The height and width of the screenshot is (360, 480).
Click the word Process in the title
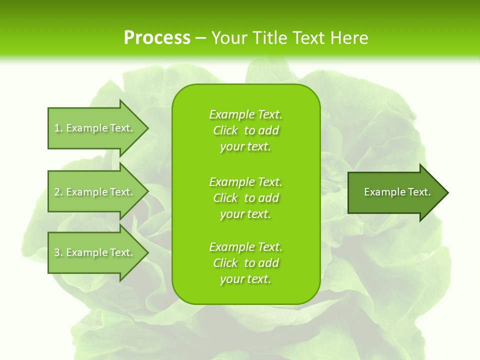click(x=157, y=38)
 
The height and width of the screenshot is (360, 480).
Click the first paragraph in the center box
click(x=245, y=130)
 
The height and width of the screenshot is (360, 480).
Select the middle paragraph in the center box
click(x=245, y=198)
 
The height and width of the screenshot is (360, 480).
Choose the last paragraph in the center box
click(x=245, y=263)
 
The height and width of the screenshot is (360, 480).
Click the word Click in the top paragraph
click(x=225, y=130)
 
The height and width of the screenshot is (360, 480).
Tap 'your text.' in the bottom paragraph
click(x=245, y=279)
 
